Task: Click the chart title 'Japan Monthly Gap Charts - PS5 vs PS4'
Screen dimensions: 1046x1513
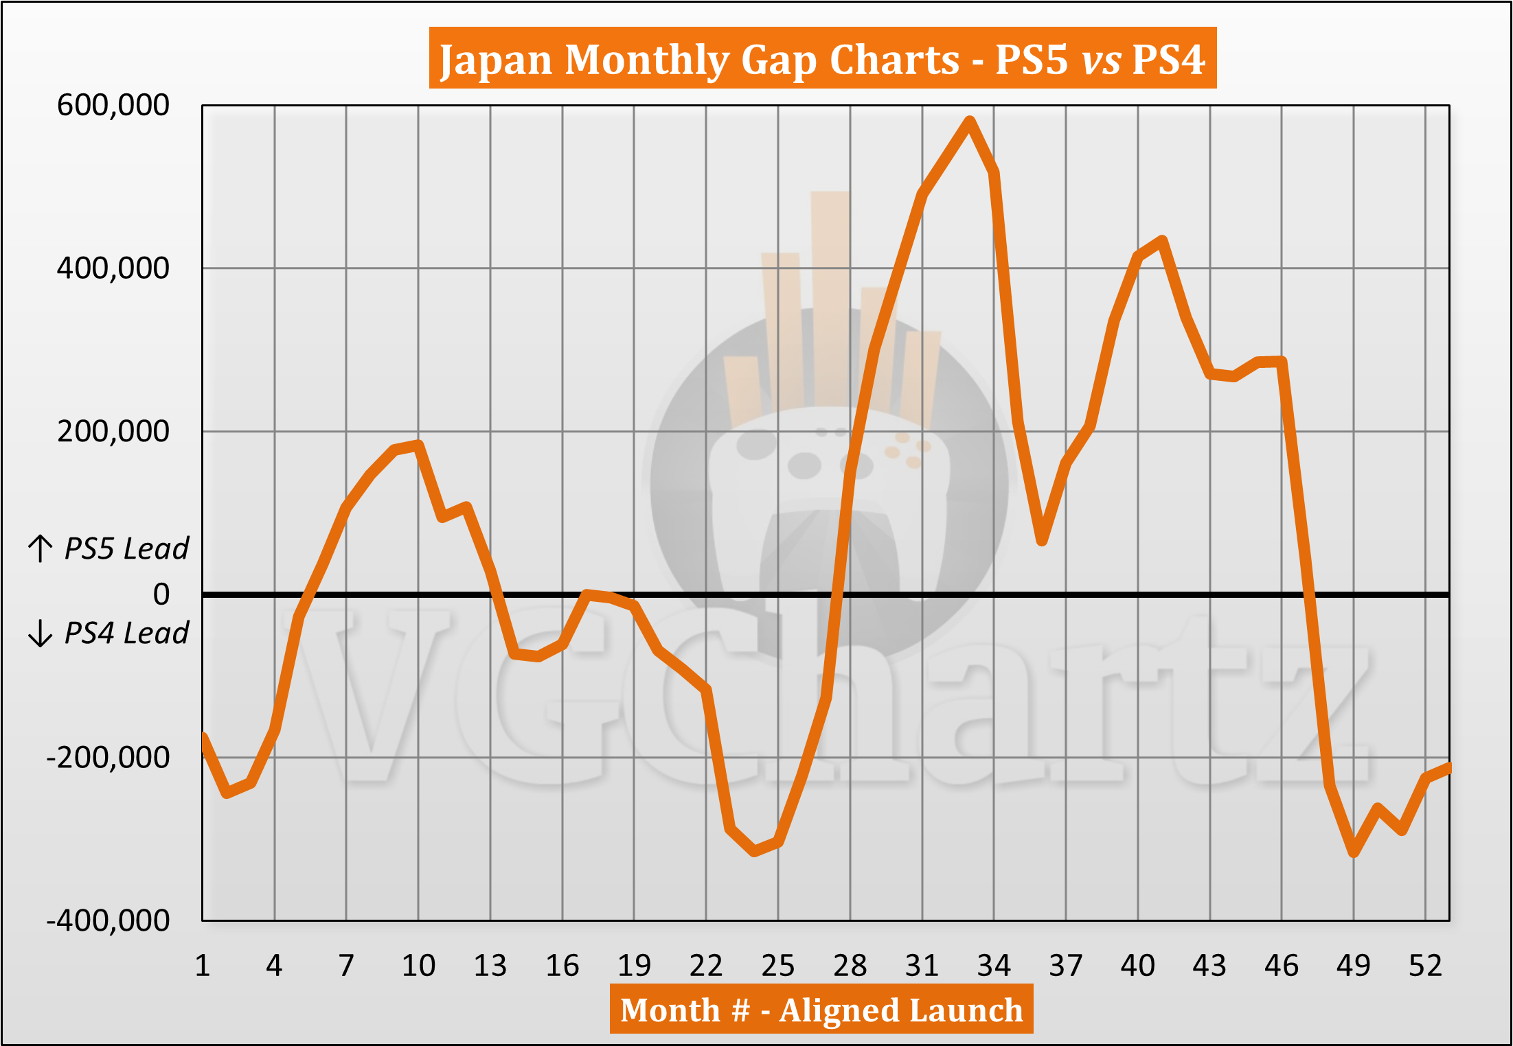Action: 822,59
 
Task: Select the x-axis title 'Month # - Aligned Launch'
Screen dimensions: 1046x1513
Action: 821,1010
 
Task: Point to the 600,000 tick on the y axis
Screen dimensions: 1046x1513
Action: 113,105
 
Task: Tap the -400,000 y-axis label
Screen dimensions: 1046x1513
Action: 108,920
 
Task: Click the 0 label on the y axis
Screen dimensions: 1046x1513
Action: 161,594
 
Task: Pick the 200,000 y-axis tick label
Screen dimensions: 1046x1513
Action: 113,431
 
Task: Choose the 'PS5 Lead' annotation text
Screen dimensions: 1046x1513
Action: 126,548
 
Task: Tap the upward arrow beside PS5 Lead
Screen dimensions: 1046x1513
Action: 41,548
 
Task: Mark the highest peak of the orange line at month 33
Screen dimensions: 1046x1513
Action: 970,121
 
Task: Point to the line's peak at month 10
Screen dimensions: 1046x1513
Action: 418,445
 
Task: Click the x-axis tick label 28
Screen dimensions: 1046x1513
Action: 850,966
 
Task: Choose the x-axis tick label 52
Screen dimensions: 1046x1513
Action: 1425,966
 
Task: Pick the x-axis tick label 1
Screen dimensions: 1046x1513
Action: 202,966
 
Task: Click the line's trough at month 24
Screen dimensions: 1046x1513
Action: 754,852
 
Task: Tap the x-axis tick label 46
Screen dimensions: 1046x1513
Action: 1281,966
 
